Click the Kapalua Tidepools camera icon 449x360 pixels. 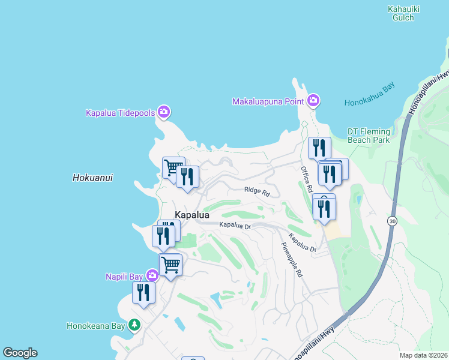(163, 112)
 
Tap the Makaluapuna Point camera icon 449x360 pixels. (313, 100)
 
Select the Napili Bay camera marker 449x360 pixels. (152, 275)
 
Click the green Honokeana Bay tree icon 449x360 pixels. (135, 325)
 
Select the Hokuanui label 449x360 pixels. (92, 178)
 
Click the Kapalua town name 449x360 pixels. (192, 215)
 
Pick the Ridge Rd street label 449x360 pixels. (257, 191)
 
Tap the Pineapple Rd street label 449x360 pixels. (292, 259)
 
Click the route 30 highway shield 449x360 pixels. (391, 221)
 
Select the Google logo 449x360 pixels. (20, 353)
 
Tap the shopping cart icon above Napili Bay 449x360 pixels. (170, 263)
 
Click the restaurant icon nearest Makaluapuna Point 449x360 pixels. (319, 147)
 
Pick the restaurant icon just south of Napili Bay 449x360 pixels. (143, 292)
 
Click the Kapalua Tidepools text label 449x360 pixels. (121, 112)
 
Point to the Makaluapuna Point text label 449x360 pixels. (268, 101)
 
